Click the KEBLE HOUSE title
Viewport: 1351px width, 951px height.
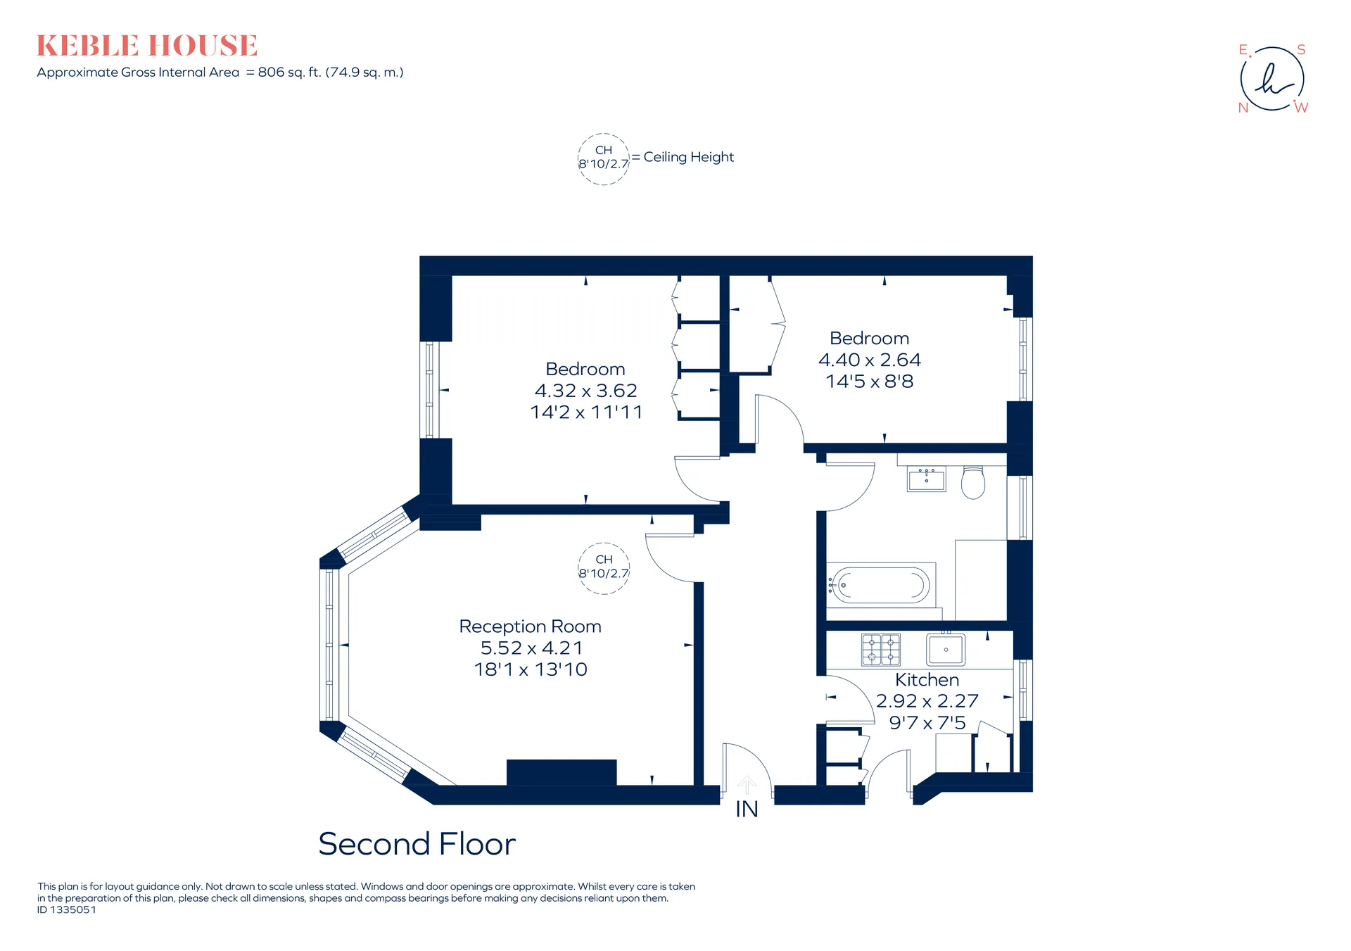[147, 46]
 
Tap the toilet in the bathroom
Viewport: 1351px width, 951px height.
[973, 482]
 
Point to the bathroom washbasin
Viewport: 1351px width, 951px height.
[926, 479]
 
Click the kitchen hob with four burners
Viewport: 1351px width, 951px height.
[881, 649]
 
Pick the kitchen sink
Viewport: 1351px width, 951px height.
[946, 649]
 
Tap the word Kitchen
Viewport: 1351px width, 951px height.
[927, 680]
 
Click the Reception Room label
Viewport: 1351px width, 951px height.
[530, 626]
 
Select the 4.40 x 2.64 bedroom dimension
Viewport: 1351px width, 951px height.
[869, 360]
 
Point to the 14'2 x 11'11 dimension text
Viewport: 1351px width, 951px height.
[586, 412]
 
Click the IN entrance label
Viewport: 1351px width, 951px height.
[747, 810]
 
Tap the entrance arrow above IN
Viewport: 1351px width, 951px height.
[747, 786]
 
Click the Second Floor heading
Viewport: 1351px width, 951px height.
[417, 844]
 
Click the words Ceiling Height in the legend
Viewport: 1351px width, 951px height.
[688, 157]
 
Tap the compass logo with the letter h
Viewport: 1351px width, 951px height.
[1272, 79]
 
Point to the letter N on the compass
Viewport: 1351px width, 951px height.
[1243, 108]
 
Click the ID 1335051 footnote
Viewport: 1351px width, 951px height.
[67, 909]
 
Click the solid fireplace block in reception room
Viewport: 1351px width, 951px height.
[562, 772]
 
